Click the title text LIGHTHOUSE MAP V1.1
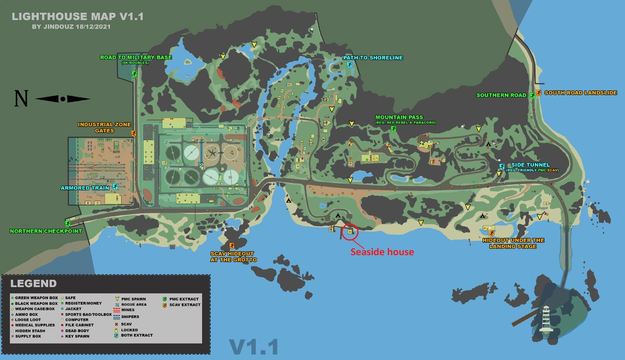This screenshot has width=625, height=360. point(77,16)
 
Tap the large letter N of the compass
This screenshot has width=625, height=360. point(21,99)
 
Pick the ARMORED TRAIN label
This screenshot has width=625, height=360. point(85,188)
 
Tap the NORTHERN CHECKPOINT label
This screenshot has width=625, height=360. point(46,231)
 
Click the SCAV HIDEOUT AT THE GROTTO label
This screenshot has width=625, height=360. point(233,256)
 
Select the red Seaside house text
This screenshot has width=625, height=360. point(382,252)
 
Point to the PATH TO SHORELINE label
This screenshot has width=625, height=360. point(373,58)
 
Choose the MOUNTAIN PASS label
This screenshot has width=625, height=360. point(399,117)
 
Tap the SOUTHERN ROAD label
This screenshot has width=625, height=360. point(501,95)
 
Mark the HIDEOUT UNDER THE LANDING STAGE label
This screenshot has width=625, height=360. point(513,243)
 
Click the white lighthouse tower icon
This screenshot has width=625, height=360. point(546,319)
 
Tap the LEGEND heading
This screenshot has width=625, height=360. point(34,284)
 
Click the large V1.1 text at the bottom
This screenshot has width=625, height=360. point(254,347)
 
